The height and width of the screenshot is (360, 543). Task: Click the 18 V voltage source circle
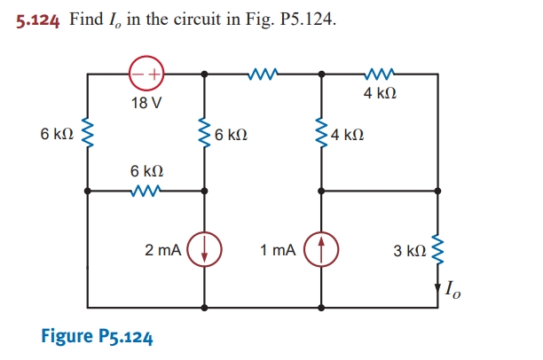pos(146,74)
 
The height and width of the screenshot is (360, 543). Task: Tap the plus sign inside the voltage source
pos(153,74)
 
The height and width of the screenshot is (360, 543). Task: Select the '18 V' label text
pos(146,102)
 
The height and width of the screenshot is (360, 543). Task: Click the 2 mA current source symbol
pos(205,250)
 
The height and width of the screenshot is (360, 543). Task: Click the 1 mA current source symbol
pos(320,250)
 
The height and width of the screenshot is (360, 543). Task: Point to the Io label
pos(454,288)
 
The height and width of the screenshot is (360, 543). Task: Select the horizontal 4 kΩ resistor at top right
pos(379,74)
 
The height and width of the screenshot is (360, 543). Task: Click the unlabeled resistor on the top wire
pos(264,74)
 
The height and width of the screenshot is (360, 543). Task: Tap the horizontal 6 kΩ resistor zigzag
pos(146,190)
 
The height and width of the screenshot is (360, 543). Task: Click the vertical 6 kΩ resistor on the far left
pos(87,135)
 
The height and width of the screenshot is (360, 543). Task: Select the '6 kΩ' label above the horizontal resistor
pos(146,170)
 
